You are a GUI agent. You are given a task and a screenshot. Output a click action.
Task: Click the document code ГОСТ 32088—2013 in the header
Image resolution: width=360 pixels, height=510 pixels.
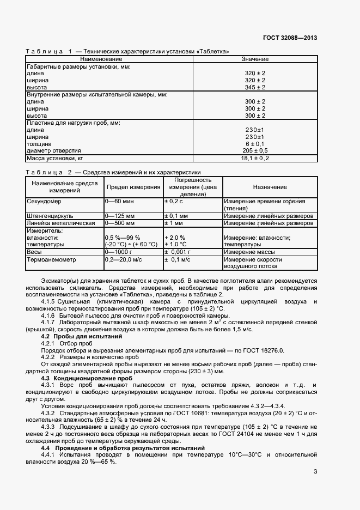[x=290, y=38]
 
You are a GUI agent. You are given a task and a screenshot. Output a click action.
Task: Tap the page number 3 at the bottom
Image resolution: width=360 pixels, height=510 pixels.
[x=315, y=472]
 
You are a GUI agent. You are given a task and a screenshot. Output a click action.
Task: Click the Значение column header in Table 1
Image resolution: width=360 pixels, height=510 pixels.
[x=255, y=59]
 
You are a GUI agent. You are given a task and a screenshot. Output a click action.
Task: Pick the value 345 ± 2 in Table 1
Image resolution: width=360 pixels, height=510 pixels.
[x=255, y=87]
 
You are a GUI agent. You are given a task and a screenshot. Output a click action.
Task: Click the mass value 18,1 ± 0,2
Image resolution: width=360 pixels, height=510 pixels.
[x=255, y=159]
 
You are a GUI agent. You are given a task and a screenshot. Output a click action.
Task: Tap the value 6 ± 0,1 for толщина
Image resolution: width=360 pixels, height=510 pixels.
[x=255, y=144]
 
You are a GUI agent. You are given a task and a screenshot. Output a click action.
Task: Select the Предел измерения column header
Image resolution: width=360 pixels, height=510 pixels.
[x=133, y=187]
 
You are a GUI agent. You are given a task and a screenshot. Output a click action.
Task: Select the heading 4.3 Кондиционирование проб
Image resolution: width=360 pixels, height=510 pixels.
[x=87, y=378]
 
